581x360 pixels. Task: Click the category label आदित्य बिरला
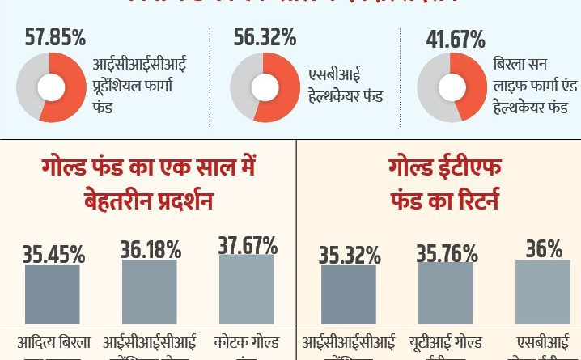tap(54, 343)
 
